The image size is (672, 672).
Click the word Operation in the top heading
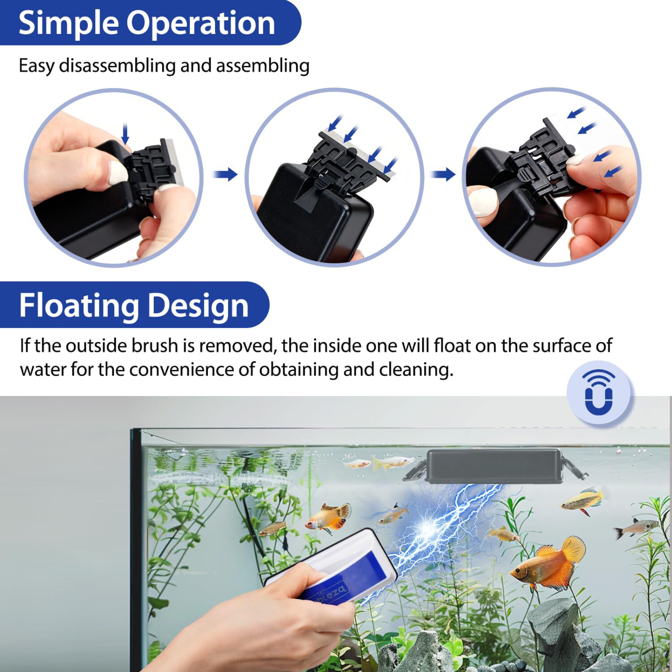201,23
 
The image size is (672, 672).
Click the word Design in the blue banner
198,306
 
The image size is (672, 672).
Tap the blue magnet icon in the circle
599,392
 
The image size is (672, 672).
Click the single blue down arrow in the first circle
125,133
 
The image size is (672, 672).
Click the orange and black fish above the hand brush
327,516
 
